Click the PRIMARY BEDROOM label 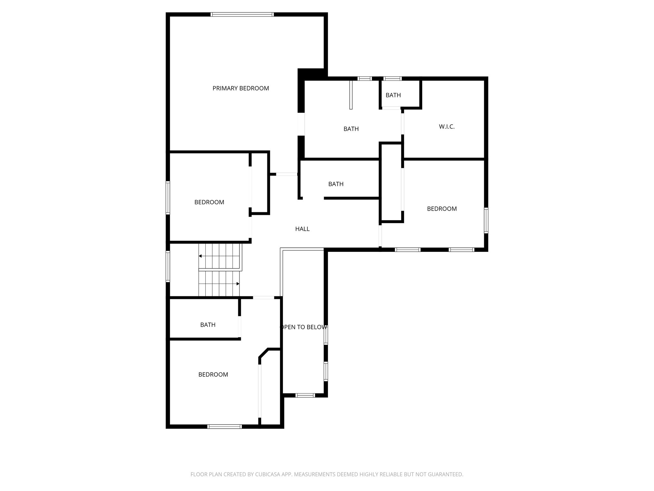pos(241,89)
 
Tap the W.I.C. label pos(446,127)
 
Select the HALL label pos(302,229)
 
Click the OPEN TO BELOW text pos(303,327)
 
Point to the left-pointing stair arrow pos(200,256)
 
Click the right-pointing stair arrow pos(238,284)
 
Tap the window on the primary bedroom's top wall pos(242,14)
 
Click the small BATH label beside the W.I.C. pos(393,95)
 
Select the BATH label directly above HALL pos(336,184)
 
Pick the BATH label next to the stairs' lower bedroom pos(208,325)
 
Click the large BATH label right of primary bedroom pos(351,129)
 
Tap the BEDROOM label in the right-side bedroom pos(442,209)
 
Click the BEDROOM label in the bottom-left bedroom pos(213,375)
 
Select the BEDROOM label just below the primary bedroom pos(209,202)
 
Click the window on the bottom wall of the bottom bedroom pos(224,426)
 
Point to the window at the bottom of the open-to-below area pos(305,395)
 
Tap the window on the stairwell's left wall pos(168,266)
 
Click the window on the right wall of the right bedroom pos(486,220)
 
